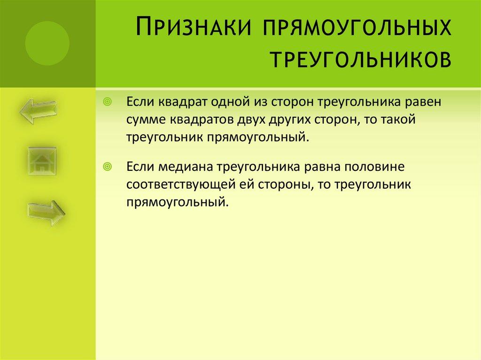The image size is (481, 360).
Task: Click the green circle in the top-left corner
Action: pos(47,44)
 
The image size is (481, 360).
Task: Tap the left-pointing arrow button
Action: pos(38,111)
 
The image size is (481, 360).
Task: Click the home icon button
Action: pos(42,161)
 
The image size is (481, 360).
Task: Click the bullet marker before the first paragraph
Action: pos(108,102)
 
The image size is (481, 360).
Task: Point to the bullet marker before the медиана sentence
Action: pos(108,167)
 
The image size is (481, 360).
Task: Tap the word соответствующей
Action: pos(180,184)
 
